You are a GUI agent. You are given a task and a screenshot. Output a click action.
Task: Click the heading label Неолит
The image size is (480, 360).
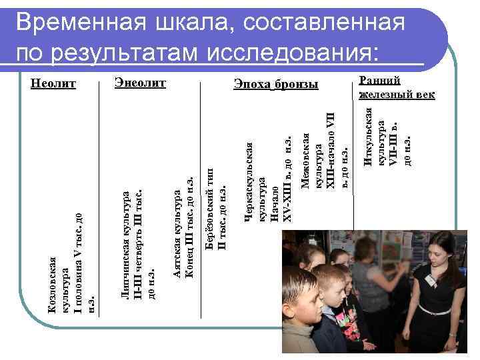point(54,84)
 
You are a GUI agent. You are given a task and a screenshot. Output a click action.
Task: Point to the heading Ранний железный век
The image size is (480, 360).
point(396,87)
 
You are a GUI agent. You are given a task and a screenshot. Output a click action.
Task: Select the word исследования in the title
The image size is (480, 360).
point(293,52)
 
